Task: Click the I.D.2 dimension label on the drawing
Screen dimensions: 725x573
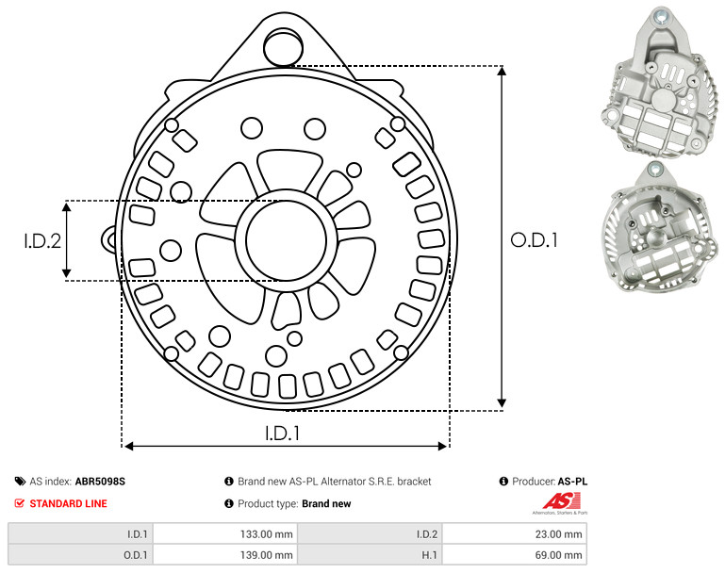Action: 42,241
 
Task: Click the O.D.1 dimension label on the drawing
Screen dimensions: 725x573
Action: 534,240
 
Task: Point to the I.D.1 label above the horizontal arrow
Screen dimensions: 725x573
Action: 283,434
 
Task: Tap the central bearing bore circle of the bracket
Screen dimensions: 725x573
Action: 287,240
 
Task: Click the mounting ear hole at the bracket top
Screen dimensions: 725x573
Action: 284,47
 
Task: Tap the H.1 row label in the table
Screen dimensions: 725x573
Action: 429,555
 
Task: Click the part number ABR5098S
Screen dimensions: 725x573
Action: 100,482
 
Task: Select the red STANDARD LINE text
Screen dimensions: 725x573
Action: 69,503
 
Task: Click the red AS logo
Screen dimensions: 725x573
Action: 561,501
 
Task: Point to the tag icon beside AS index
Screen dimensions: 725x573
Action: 20,482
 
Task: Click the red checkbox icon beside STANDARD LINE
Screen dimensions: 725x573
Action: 20,503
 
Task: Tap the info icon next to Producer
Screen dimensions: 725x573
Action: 503,482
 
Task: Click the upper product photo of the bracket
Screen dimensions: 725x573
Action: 661,83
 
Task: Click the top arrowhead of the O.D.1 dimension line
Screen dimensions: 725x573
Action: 502,71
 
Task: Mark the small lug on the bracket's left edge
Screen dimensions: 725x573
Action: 109,239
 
